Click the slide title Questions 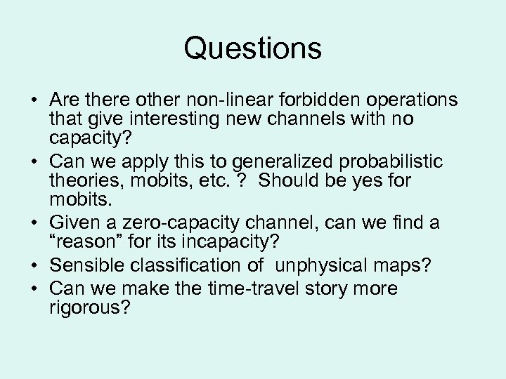coord(253,48)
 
